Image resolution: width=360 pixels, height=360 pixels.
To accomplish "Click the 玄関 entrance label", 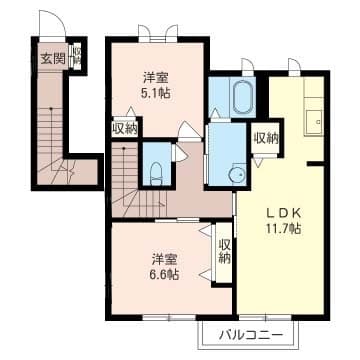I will click(x=52, y=59).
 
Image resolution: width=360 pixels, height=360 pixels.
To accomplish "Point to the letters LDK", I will click(x=282, y=211).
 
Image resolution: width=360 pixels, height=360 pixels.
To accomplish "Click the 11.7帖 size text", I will click(x=282, y=228).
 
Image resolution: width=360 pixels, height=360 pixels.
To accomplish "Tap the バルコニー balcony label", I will click(x=244, y=335).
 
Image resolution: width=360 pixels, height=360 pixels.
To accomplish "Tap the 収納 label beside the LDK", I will click(x=265, y=138).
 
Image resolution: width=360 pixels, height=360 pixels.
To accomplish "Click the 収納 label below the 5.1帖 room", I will click(x=125, y=127).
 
